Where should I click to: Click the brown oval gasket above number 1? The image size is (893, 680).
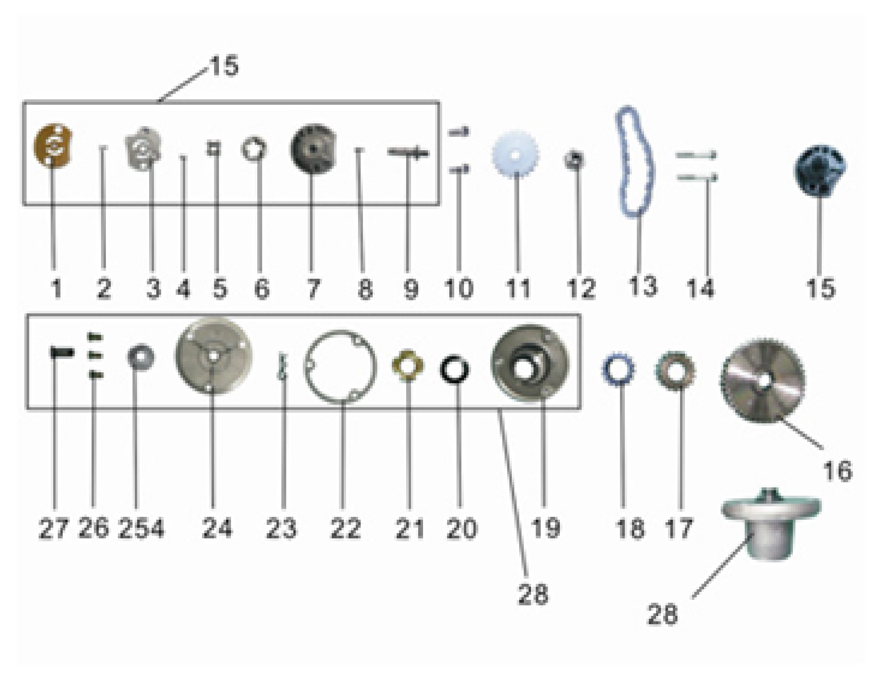click(53, 145)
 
